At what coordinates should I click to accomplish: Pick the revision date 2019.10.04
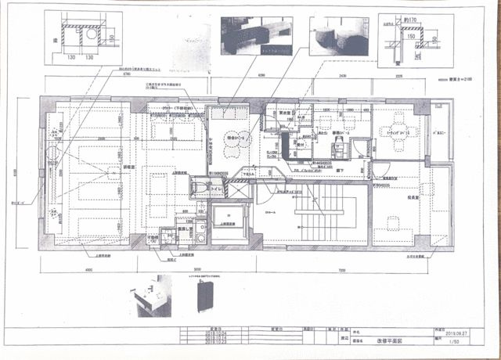pyautogui.click(x=214, y=333)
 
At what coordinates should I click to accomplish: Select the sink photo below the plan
pyautogui.click(x=153, y=299)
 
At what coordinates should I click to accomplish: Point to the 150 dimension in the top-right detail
pyautogui.click(x=410, y=35)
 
